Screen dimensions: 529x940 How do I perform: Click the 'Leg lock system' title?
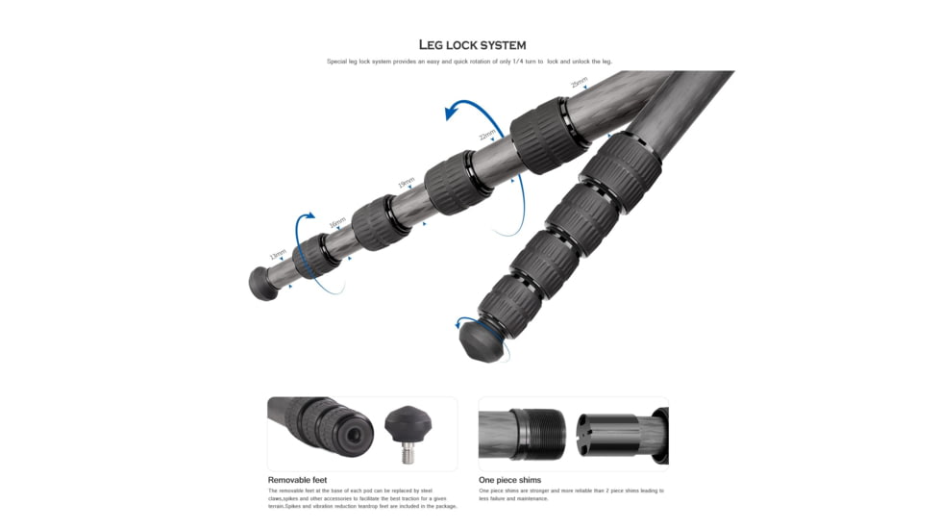point(472,44)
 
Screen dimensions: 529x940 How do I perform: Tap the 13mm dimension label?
point(278,255)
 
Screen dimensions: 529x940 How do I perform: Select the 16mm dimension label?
point(337,223)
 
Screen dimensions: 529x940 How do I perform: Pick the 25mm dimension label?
point(579,84)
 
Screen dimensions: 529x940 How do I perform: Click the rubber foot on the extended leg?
point(263,283)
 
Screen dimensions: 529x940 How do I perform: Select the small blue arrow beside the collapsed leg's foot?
point(465,322)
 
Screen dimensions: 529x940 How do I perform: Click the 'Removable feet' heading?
point(297,479)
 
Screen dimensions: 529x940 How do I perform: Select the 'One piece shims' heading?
point(509,479)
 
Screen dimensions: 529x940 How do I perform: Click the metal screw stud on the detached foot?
point(408,451)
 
